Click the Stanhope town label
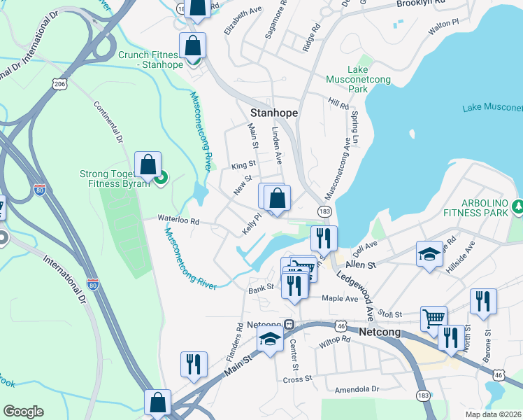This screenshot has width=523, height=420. (x=274, y=113)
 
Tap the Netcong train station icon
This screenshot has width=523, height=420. (x=288, y=325)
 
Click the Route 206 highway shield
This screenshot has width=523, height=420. (x=59, y=84)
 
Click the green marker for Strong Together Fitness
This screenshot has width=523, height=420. (x=160, y=178)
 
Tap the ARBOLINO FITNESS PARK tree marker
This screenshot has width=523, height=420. (x=517, y=206)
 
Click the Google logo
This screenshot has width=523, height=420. (x=23, y=412)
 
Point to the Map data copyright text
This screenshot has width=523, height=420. (x=493, y=414)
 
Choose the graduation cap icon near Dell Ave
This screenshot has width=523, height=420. (x=429, y=255)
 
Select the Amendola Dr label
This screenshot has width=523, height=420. (x=356, y=388)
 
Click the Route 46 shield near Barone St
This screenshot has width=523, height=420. (x=498, y=375)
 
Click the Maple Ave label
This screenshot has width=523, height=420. (x=339, y=298)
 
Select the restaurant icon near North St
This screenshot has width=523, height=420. (x=483, y=301)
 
